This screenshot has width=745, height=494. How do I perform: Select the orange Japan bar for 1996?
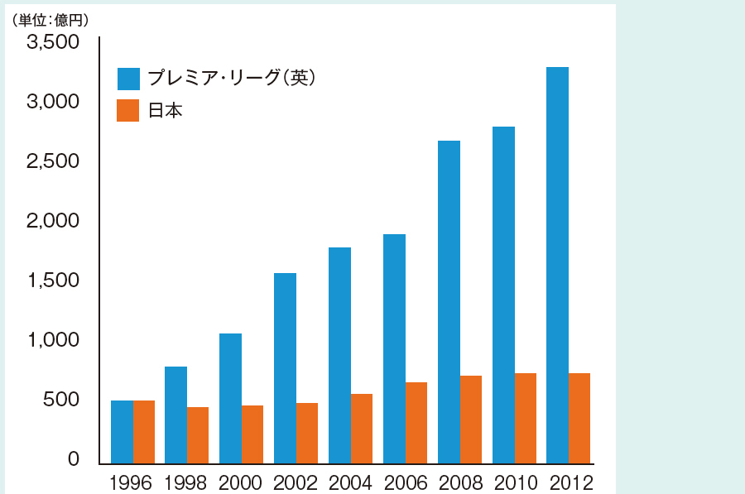(x=144, y=432)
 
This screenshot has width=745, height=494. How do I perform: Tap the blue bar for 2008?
(x=449, y=302)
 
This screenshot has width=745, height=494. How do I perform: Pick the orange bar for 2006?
(x=416, y=423)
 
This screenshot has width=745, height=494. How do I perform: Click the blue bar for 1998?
(x=175, y=415)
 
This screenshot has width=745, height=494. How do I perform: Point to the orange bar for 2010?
(x=526, y=418)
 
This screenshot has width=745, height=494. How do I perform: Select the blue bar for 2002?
(x=285, y=368)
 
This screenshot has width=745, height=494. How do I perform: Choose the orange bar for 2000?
(x=252, y=434)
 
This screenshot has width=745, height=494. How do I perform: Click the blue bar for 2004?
(x=339, y=355)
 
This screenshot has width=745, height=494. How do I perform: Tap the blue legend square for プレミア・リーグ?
(x=128, y=78)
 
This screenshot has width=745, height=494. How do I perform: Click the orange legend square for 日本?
(x=128, y=111)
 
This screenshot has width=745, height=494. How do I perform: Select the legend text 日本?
(x=165, y=111)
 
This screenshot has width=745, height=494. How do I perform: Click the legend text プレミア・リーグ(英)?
(x=232, y=78)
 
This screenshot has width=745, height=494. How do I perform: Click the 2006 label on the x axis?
(x=405, y=482)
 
